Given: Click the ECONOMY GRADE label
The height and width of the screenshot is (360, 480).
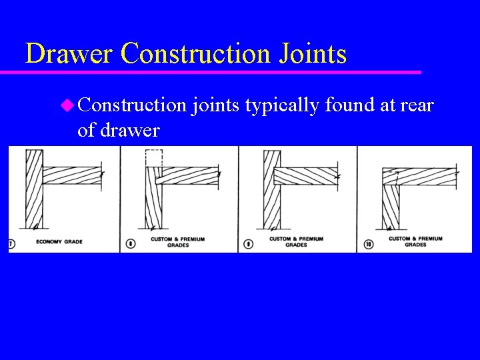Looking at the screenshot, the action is [x=59, y=241].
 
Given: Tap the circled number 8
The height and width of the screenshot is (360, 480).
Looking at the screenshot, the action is [x=130, y=243].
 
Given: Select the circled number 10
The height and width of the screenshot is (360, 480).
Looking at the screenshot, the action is [x=368, y=244].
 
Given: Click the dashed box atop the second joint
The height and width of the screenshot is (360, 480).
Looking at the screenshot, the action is [x=154, y=158].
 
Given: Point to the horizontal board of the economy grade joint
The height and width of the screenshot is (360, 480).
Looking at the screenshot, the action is [x=72, y=175].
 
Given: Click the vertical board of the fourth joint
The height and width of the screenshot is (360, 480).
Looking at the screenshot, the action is [x=390, y=207].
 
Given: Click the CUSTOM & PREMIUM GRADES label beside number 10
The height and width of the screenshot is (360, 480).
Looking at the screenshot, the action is [x=415, y=241].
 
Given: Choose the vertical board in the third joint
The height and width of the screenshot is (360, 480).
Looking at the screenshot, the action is [x=272, y=189].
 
